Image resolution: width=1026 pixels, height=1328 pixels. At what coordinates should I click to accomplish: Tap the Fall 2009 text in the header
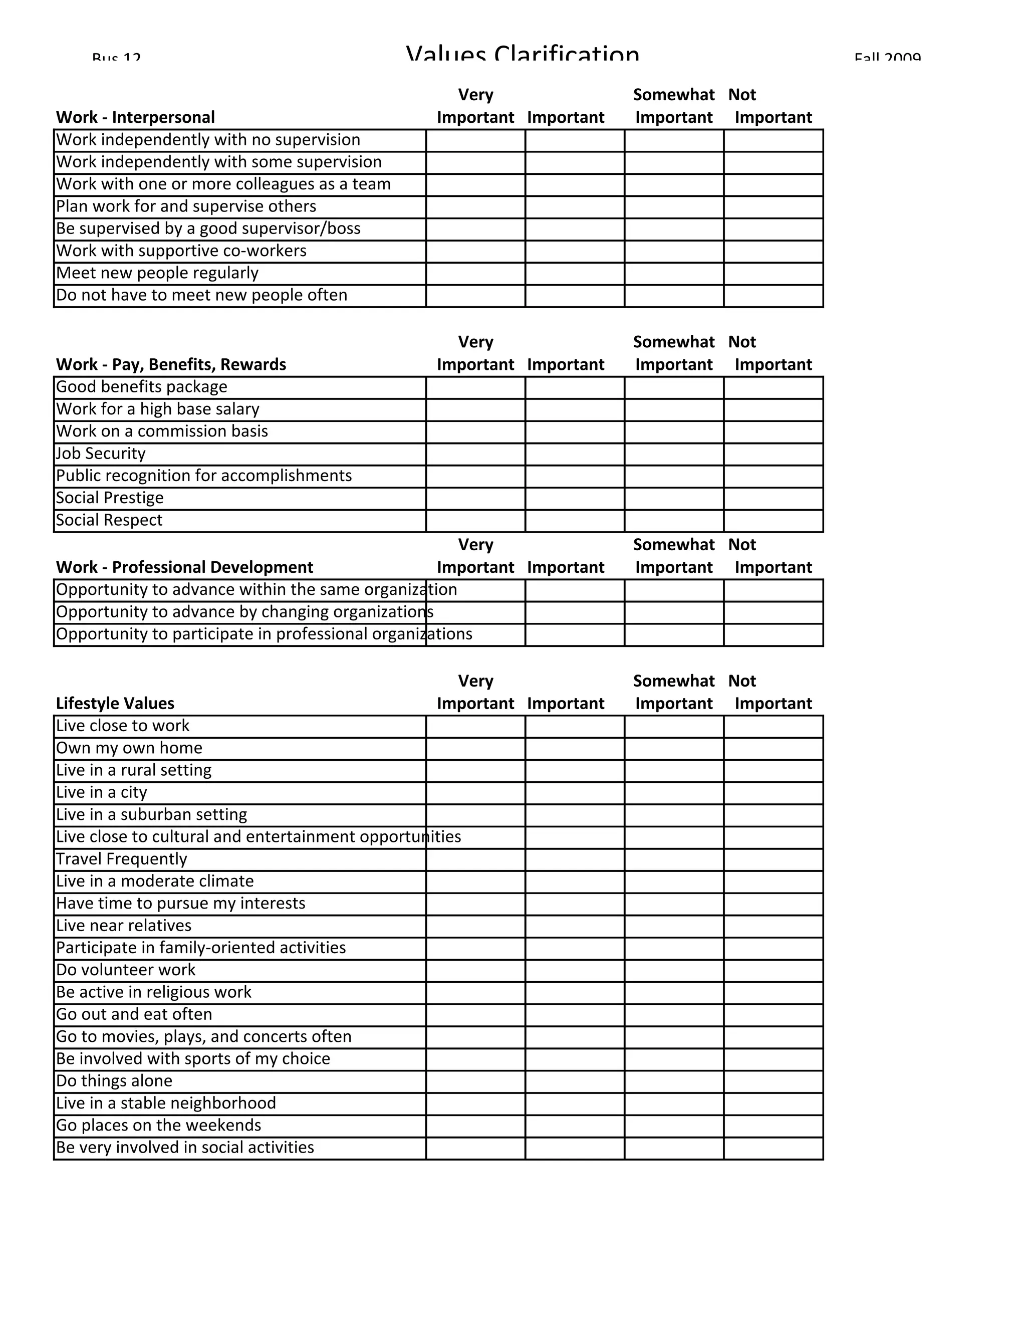click(887, 57)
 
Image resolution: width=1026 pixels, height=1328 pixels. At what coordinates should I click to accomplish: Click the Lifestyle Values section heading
click(115, 704)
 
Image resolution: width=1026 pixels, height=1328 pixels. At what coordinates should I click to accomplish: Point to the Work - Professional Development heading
click(184, 567)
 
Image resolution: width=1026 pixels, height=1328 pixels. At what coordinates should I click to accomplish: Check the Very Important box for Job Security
click(475, 454)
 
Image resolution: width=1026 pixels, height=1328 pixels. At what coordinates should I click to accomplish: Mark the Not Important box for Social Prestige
click(773, 499)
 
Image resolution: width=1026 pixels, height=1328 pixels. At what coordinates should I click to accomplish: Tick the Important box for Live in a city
click(575, 793)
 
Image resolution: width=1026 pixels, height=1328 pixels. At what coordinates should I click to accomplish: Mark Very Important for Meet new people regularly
click(475, 274)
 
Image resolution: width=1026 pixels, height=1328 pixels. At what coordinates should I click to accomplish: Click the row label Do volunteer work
click(126, 970)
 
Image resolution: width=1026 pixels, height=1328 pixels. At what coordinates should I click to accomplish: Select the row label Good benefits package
click(142, 387)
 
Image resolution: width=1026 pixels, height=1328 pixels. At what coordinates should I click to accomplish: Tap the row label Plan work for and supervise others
click(186, 207)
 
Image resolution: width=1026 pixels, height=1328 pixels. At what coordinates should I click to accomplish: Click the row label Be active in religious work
click(154, 992)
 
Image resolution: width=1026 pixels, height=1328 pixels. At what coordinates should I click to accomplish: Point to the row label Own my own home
click(129, 749)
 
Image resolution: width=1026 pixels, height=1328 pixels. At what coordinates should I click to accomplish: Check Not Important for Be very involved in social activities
click(773, 1148)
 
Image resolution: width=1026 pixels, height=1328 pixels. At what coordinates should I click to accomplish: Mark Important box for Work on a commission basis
click(575, 431)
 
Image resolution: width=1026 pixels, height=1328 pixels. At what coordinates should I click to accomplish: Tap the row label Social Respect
click(109, 521)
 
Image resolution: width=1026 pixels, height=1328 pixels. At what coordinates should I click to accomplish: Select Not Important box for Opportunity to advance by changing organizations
click(773, 612)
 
